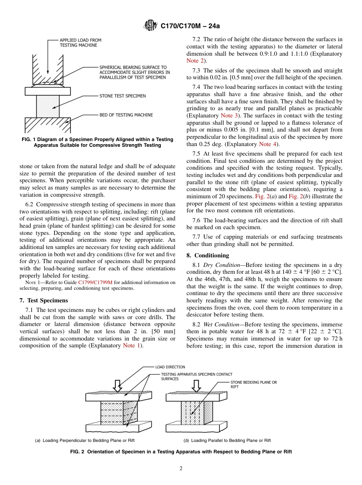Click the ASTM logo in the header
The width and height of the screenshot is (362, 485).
(151, 26)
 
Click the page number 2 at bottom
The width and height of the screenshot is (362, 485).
(181, 469)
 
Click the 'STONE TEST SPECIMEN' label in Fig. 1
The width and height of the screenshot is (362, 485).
(122, 96)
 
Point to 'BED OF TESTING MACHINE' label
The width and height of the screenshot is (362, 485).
(126, 115)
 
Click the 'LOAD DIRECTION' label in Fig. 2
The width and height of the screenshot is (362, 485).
(170, 367)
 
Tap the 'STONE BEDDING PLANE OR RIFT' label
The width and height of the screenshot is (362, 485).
(253, 384)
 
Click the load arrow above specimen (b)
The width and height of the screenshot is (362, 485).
(196, 385)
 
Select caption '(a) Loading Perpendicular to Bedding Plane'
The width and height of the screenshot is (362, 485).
(85, 440)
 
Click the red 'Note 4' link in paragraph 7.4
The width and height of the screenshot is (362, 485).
(267, 144)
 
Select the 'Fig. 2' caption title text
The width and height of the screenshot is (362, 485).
(181, 451)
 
